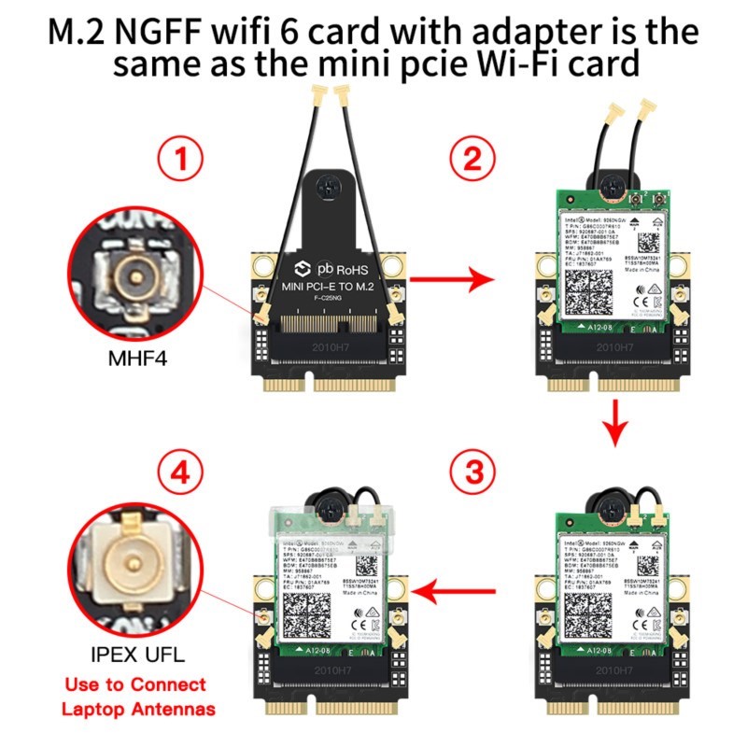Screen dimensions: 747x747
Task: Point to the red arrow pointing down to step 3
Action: coord(613,417)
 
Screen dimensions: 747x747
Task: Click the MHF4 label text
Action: coord(137,356)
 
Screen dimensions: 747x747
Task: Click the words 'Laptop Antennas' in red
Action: coord(137,710)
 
